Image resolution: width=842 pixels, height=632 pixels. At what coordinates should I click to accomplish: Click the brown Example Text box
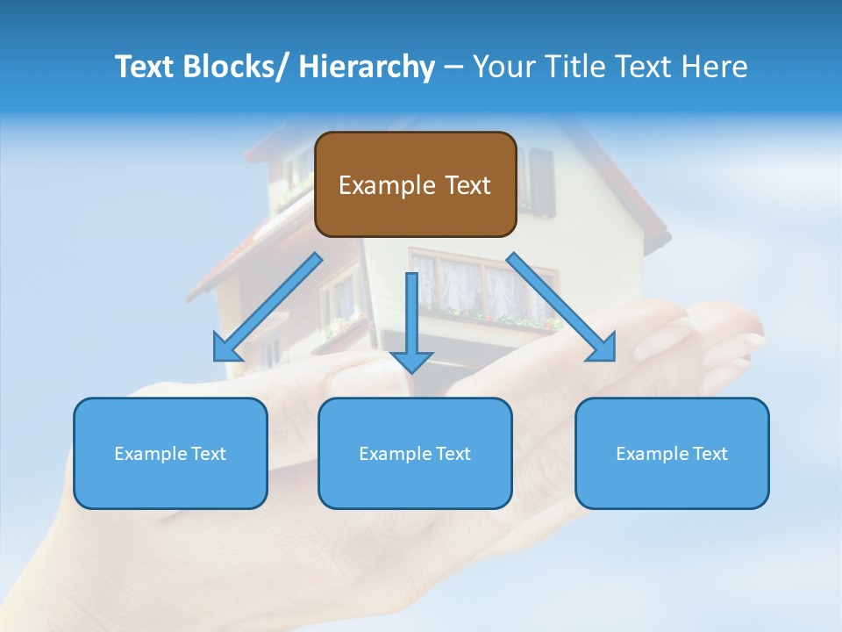pos(415,184)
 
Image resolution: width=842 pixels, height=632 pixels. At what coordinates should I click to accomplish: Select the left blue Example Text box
pos(170,453)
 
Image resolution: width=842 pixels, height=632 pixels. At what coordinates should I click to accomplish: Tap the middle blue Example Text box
pos(415,453)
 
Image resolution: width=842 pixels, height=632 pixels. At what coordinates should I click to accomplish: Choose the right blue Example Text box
pos(672,453)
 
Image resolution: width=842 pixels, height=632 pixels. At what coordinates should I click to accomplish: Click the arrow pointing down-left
pos(268,307)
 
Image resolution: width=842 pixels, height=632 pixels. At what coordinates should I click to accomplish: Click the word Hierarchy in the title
pos(367,67)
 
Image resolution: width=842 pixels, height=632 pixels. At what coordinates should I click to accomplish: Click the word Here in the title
pos(715,67)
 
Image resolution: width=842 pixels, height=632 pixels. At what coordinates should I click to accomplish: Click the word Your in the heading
pos(503,67)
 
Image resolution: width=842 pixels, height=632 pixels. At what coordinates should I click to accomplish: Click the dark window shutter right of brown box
pos(542,182)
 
